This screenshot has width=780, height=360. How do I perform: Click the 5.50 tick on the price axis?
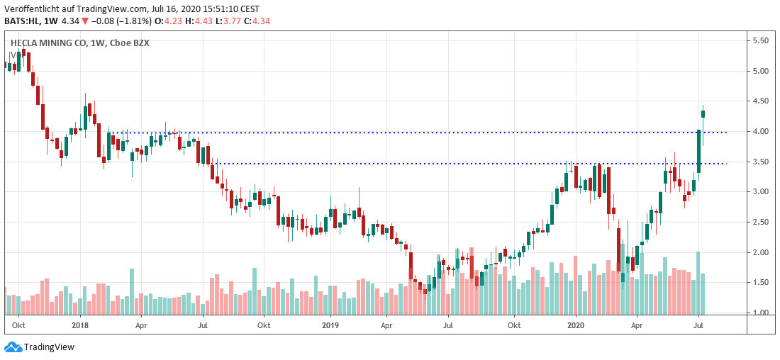click(761, 41)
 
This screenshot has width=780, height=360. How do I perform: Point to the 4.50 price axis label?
click(761, 101)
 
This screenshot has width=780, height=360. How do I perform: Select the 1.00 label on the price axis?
click(761, 313)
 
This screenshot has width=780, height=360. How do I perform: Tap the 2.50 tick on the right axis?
click(761, 223)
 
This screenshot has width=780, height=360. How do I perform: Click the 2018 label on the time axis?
click(79, 325)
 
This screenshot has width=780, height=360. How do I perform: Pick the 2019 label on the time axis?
click(330, 325)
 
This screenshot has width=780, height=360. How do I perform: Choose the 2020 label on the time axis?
click(575, 325)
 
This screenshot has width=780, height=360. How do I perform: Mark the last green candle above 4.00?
click(703, 114)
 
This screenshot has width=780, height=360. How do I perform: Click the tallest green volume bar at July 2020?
click(698, 283)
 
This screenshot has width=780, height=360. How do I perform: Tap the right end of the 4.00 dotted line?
click(726, 133)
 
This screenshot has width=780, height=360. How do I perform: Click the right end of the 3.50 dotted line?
click(726, 164)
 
